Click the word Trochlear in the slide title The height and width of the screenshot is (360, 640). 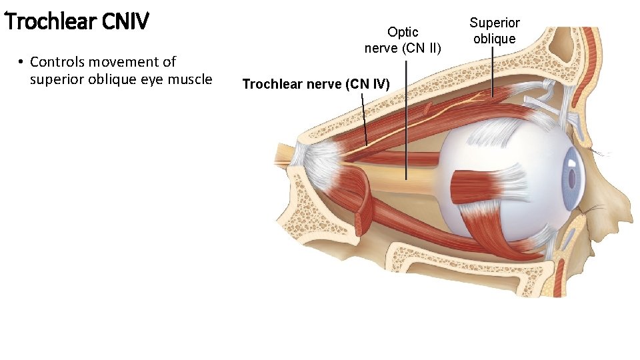pyautogui.click(x=50, y=22)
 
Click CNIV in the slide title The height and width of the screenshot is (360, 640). pyautogui.click(x=125, y=22)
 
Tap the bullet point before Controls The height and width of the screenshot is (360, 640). pyautogui.click(x=21, y=62)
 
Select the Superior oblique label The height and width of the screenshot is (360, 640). pyautogui.click(x=494, y=31)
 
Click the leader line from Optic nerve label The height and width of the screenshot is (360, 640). pyautogui.click(x=407, y=120)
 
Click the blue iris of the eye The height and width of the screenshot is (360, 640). pyautogui.click(x=572, y=177)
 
